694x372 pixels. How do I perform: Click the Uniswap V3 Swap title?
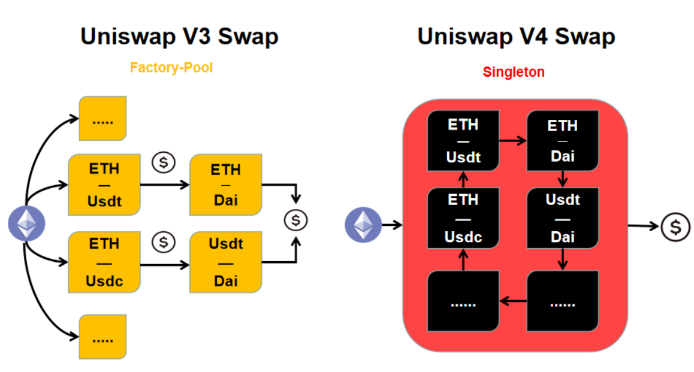pos(179,37)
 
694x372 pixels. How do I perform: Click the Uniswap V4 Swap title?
pos(516,37)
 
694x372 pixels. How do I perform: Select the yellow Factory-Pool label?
pos(171,68)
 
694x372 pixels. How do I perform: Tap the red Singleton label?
pos(514,72)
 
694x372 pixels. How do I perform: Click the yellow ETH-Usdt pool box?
pos(104,185)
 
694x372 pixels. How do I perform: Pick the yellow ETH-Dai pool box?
pos(225,185)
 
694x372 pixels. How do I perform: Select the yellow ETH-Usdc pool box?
pos(104,262)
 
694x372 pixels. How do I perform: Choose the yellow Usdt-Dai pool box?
pos(225,262)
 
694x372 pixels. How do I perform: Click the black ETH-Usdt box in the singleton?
pos(463,141)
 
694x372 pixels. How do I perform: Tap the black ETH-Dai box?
pos(562,141)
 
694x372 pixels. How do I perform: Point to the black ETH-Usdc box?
pos(463,217)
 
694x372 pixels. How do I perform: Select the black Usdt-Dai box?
pos(562,217)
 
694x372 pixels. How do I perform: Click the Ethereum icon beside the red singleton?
pos(363,225)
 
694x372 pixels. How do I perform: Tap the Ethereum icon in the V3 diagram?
pos(26,223)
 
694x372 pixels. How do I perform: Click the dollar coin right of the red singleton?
pos(676,227)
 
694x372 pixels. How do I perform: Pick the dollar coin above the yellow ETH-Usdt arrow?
pos(164,162)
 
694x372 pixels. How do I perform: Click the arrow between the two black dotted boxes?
pos(512,301)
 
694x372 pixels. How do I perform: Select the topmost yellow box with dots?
pos(102,118)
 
